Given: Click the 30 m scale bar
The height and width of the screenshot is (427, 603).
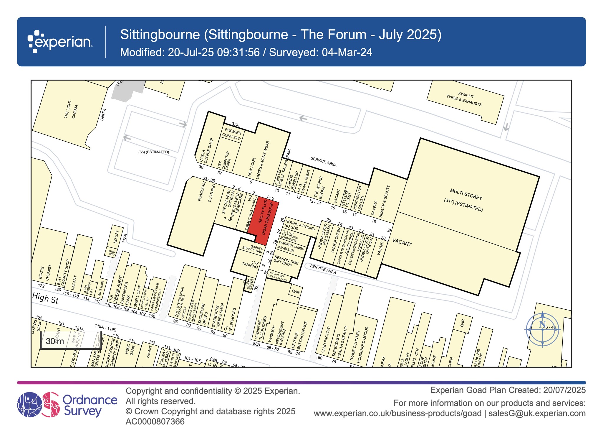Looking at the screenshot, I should tap(71, 341).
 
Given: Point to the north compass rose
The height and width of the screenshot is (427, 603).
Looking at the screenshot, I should tap(542, 329).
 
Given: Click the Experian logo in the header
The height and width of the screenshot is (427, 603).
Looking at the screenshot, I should tap(60, 42).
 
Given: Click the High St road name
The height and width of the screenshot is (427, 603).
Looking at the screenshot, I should tap(45, 298).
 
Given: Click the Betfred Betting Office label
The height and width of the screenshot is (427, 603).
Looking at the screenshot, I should tap(299, 335).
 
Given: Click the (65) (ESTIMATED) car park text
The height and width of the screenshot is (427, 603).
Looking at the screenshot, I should tap(154, 152).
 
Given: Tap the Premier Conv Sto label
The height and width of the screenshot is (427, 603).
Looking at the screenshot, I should tap(232, 134).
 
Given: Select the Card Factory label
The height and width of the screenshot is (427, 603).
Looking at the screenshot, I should tap(326, 339).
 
